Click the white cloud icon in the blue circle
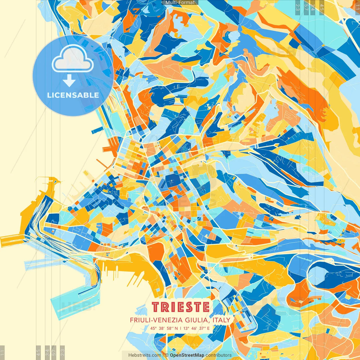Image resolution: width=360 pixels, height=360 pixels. pos(73,58)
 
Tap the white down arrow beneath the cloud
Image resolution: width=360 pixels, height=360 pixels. pos(69,81)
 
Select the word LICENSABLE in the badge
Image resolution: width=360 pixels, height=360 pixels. pos(73,95)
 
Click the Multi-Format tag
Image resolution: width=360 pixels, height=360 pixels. pos(180,3)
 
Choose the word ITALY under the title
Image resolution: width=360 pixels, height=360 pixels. pos(221,320)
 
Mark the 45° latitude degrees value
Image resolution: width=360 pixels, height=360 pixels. pos(153,328)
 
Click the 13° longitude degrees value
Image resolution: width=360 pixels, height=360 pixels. pos(186,328)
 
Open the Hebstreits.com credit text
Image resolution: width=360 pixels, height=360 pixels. pos(145,355)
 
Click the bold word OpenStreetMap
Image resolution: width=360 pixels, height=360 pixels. pos(187,355)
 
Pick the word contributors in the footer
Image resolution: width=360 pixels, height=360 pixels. pos(219,355)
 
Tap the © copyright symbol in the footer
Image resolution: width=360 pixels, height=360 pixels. pos(167,355)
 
